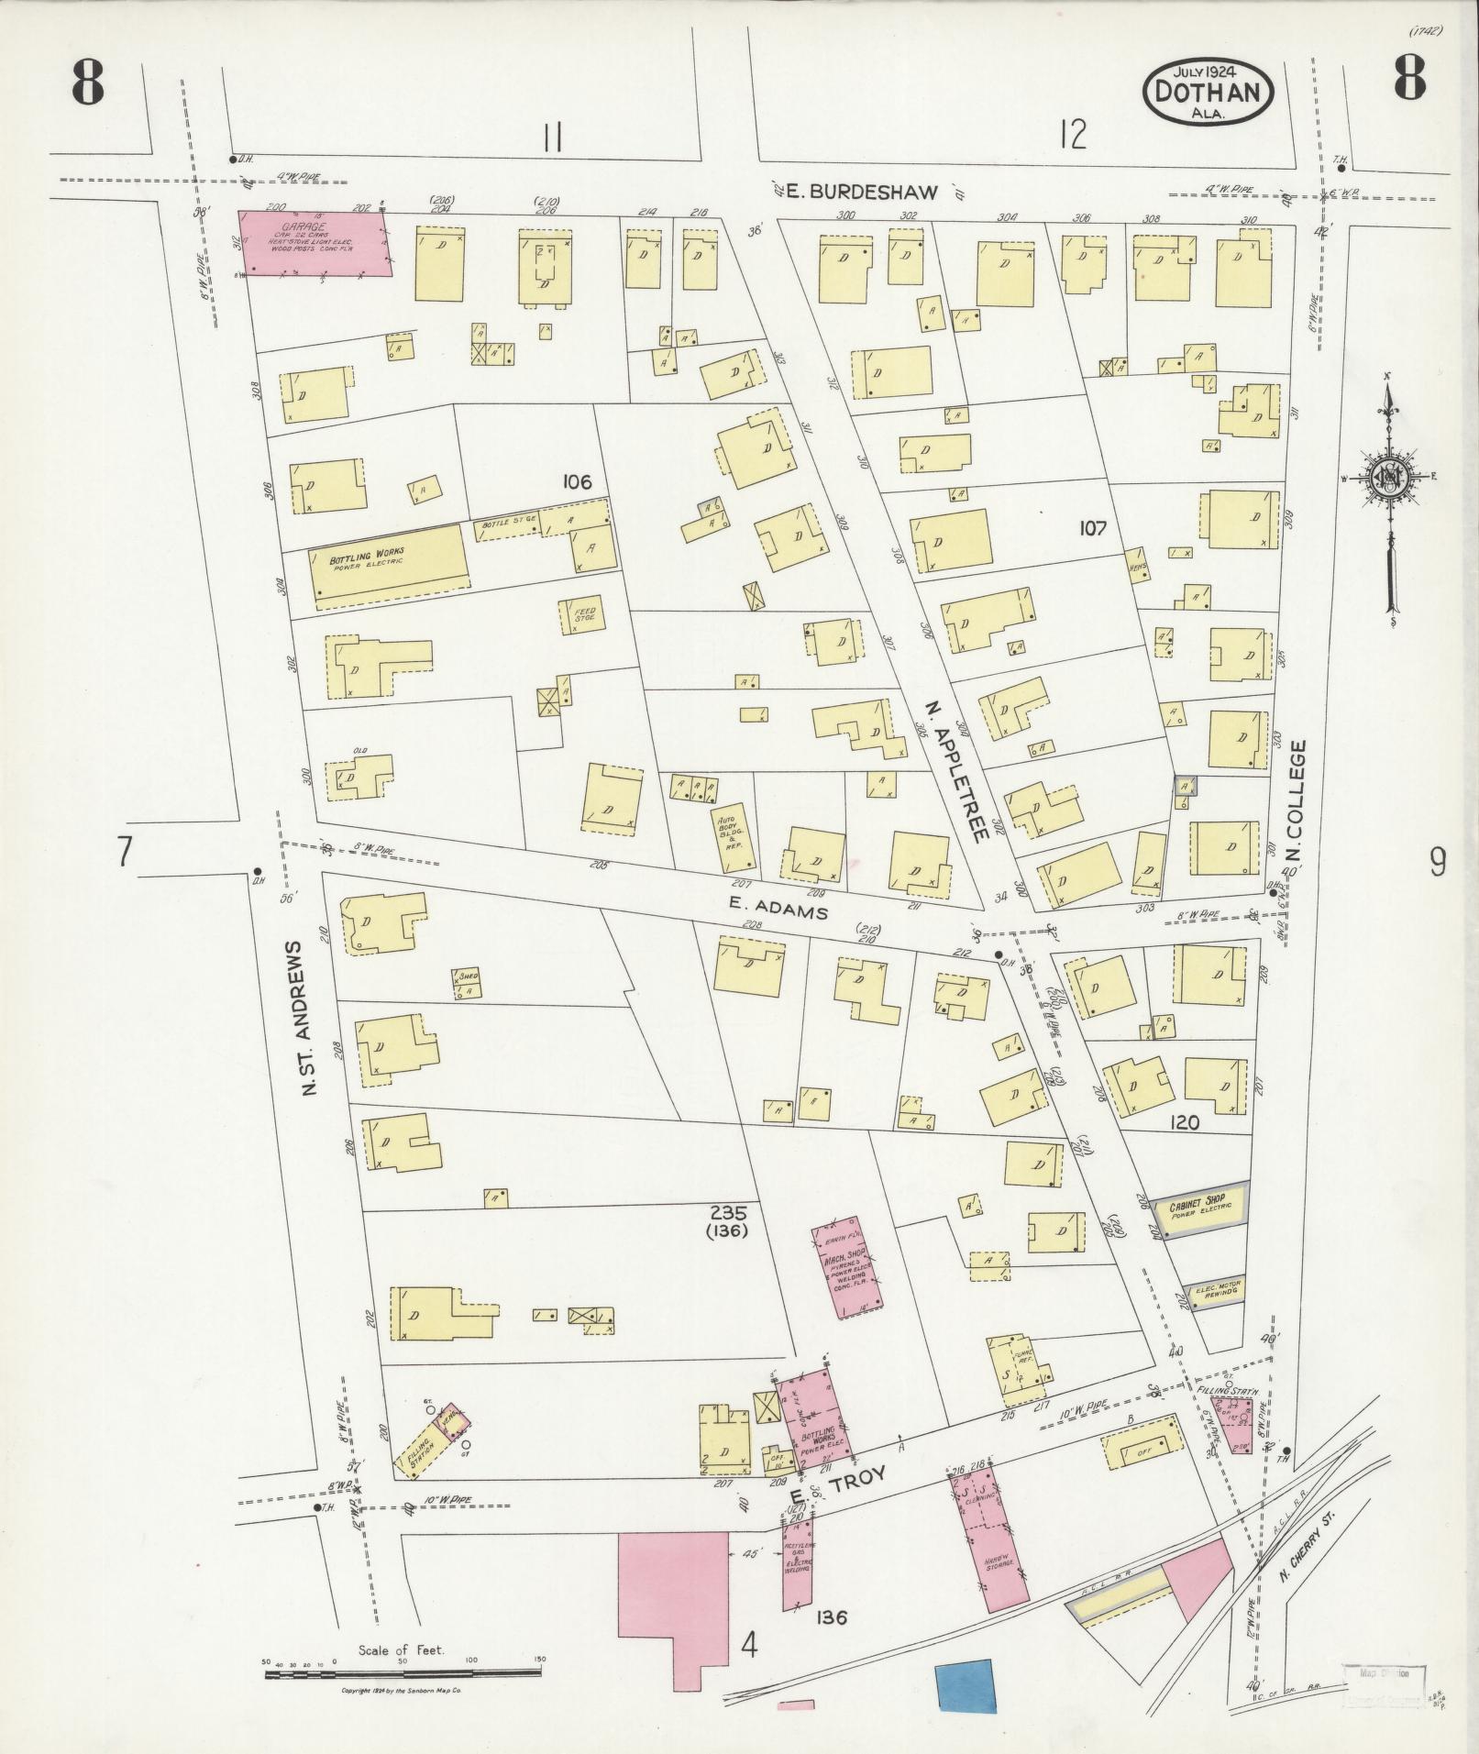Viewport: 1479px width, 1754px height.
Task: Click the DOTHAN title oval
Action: [1209, 92]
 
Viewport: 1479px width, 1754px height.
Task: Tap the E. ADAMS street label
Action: [778, 910]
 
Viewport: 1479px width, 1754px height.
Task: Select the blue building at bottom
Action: [965, 1684]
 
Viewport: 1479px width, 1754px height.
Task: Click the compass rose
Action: [1390, 477]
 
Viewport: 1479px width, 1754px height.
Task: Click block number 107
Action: [1093, 528]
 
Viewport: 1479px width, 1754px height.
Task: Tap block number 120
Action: [1185, 1122]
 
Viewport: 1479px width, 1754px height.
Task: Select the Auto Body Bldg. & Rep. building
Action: [734, 836]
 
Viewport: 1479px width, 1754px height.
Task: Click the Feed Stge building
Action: [582, 616]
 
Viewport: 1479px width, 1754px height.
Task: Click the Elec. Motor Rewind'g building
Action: [1216, 1291]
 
